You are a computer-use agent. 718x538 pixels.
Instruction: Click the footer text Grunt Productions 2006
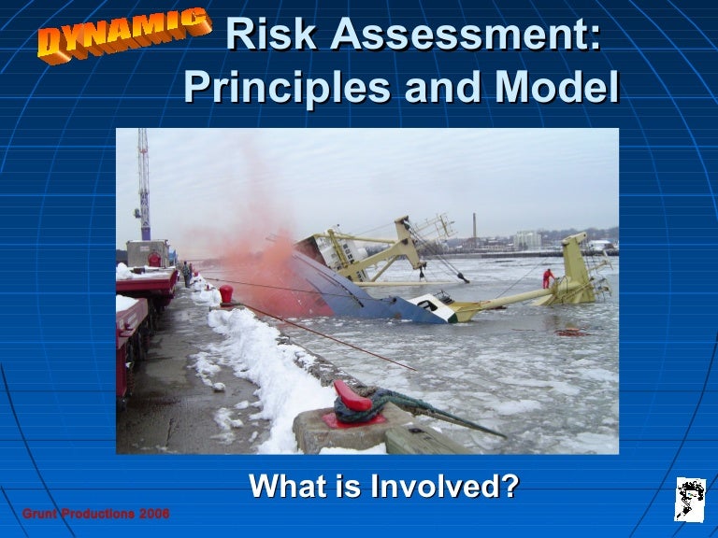[x=95, y=514]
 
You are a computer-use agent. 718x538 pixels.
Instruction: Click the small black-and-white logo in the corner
[x=690, y=498]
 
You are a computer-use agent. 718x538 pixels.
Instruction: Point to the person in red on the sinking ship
[x=548, y=278]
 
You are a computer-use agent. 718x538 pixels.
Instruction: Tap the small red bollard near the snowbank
[x=225, y=294]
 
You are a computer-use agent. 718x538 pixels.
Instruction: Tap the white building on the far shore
[x=527, y=240]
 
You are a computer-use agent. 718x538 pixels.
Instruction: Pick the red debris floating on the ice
[x=568, y=332]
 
